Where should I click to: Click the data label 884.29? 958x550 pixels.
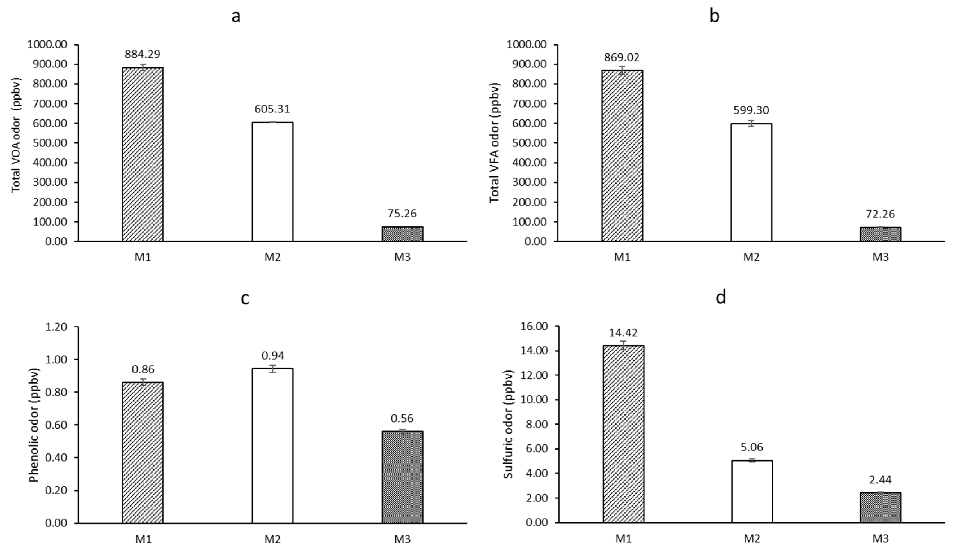(x=143, y=54)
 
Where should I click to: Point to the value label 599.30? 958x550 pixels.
(x=751, y=110)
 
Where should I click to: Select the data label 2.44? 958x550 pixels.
(x=880, y=480)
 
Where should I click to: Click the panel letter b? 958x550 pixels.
(x=714, y=16)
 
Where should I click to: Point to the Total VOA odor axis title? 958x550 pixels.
(x=16, y=135)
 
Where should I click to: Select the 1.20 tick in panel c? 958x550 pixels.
(x=56, y=327)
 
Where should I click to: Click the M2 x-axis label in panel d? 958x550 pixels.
(x=751, y=538)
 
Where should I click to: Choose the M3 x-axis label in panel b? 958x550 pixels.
(x=880, y=257)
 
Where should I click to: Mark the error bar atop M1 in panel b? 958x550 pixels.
(x=622, y=70)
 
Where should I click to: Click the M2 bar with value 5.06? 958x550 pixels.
(x=752, y=492)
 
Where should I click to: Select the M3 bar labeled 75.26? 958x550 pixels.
(x=402, y=234)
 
